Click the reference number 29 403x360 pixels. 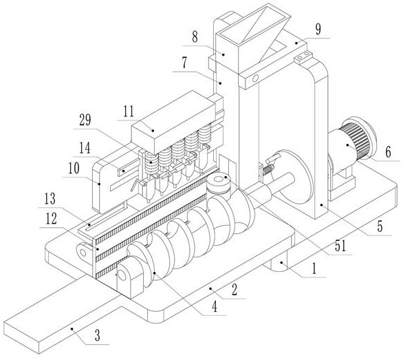85,120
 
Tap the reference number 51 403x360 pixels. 340,246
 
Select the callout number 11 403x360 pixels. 129,112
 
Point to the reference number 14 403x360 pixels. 85,148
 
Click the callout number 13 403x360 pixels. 50,199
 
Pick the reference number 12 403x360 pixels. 51,219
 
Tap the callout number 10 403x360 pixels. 74,169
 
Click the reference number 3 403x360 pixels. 97,336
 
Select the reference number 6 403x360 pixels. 388,151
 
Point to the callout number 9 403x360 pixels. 318,30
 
